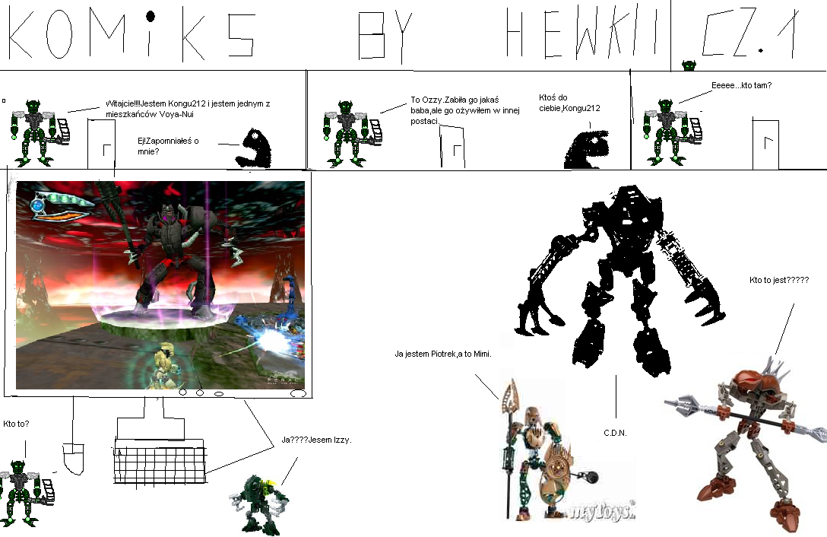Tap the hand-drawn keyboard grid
[160, 461]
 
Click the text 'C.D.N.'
[614, 433]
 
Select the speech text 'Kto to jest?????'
[779, 281]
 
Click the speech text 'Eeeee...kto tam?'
[741, 85]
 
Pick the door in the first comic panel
[101, 142]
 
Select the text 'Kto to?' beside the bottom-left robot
[17, 424]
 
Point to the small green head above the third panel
[689, 66]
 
